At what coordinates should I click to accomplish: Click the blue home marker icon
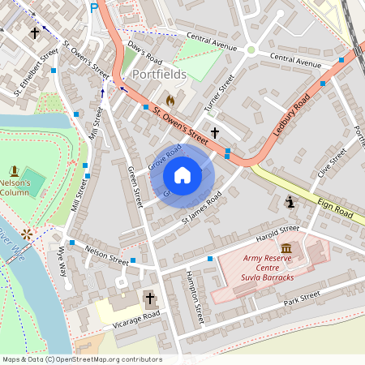click(182, 175)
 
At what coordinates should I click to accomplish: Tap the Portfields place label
click(158, 75)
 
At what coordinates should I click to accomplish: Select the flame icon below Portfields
click(170, 99)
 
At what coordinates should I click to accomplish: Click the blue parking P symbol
click(94, 7)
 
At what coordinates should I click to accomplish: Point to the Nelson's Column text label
click(15, 188)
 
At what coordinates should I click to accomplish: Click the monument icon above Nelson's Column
click(14, 170)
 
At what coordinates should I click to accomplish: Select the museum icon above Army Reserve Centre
click(286, 247)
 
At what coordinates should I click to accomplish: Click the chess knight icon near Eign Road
click(290, 201)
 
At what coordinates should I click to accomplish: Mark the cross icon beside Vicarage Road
click(149, 298)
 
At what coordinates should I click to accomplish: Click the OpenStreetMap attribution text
click(81, 359)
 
